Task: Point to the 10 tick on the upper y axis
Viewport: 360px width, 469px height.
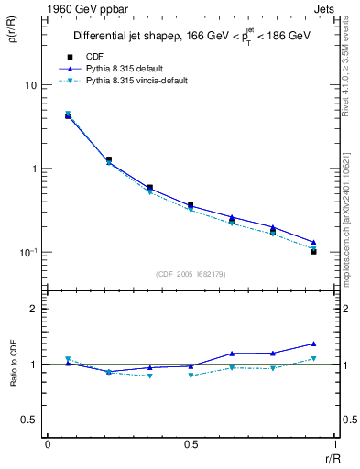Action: click(x=30, y=85)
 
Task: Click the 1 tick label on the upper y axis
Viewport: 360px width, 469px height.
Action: click(x=34, y=169)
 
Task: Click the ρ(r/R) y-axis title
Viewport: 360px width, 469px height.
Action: click(x=12, y=37)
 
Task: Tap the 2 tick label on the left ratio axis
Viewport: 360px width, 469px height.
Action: click(x=34, y=309)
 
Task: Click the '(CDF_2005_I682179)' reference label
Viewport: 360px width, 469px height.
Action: click(x=190, y=273)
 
